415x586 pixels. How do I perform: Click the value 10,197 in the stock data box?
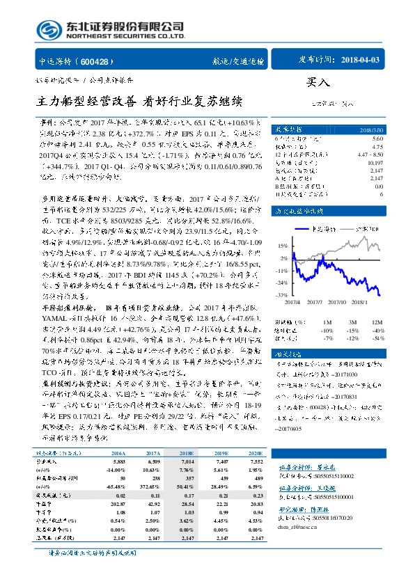(375, 160)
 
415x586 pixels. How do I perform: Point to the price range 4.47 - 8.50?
(368, 153)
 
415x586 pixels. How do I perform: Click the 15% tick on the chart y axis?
(282, 246)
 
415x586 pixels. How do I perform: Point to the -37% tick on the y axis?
(281, 296)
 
